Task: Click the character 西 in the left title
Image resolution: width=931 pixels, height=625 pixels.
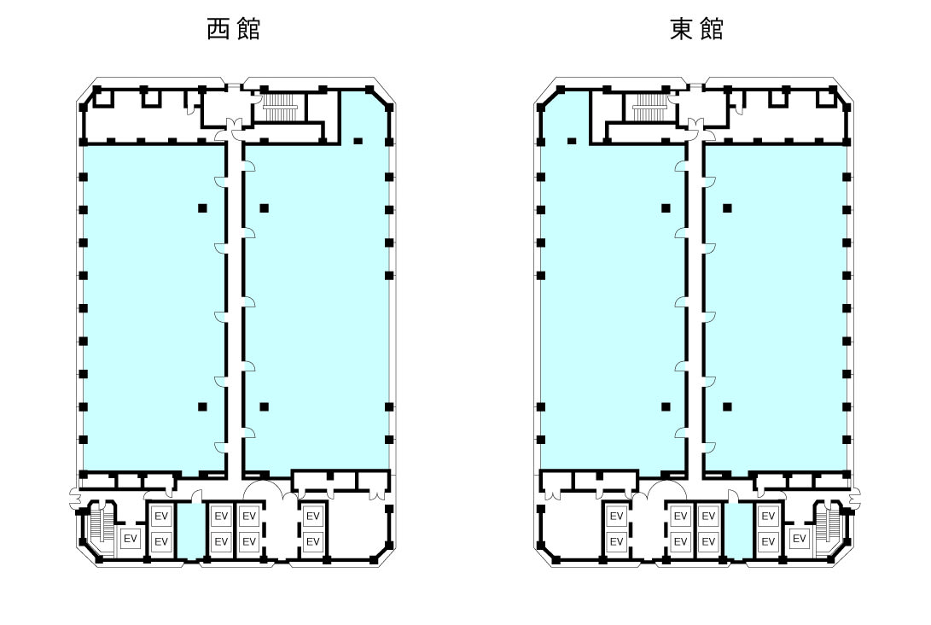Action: (x=220, y=29)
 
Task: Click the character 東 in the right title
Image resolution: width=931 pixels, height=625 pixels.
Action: (x=682, y=29)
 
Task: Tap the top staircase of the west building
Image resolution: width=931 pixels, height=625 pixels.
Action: (x=280, y=108)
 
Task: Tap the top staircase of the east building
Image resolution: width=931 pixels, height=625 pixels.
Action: (x=649, y=108)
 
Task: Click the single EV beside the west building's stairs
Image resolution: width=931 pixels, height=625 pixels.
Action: (x=130, y=539)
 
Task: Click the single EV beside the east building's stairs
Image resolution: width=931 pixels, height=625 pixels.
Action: (x=800, y=539)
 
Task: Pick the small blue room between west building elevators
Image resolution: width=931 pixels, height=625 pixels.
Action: (x=192, y=531)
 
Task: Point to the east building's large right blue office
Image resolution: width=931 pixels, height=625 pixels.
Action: (x=775, y=307)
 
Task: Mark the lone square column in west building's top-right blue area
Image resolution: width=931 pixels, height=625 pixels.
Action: (x=358, y=141)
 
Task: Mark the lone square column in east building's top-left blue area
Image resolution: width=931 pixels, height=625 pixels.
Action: (x=572, y=141)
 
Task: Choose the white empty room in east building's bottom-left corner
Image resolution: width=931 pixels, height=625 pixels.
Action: (x=570, y=529)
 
